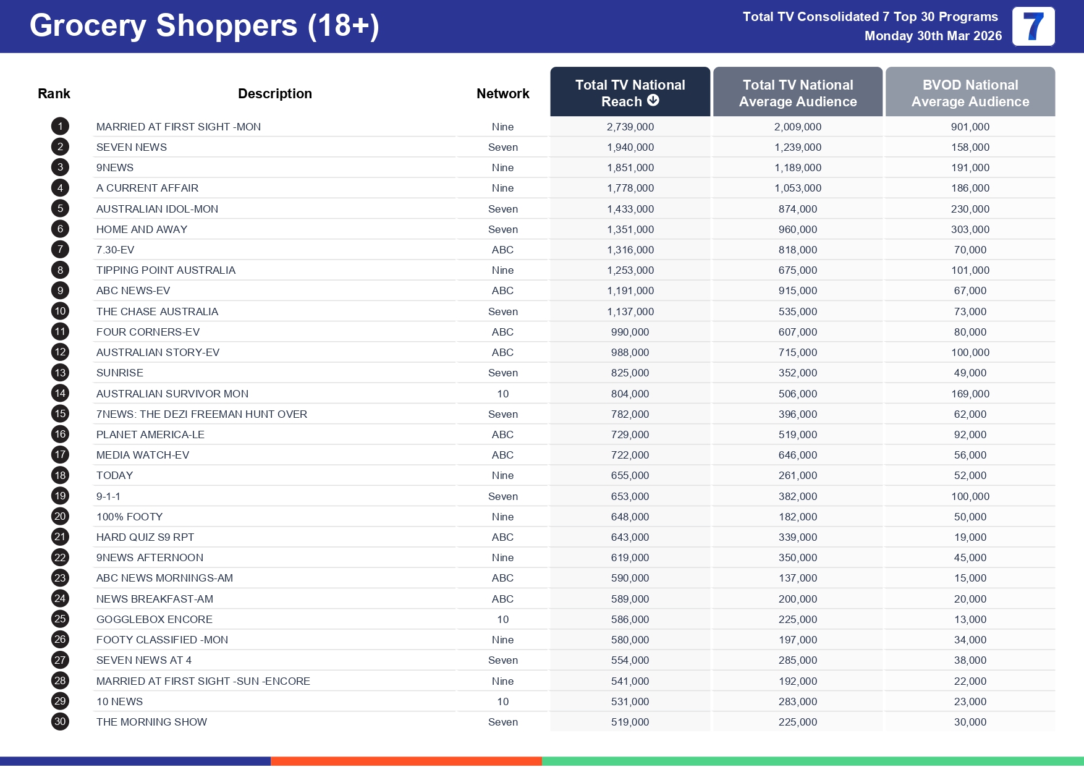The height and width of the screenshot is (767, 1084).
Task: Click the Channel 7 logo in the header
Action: (x=1033, y=27)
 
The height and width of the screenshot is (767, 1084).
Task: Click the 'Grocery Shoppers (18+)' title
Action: (x=204, y=26)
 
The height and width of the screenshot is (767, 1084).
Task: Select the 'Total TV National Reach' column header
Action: (x=630, y=92)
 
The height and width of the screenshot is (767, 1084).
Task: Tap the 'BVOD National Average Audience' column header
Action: (x=970, y=93)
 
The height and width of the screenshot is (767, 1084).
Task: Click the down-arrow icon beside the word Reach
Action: (x=653, y=100)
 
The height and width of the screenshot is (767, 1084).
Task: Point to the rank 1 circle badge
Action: (x=60, y=127)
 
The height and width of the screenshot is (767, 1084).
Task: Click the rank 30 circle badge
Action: (x=60, y=722)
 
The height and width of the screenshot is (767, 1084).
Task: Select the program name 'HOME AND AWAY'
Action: (x=142, y=229)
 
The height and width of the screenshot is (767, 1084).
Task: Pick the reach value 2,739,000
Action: (x=630, y=127)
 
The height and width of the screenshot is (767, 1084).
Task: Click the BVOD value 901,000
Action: (x=970, y=127)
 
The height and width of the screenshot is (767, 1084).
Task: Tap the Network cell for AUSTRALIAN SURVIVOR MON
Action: (x=502, y=394)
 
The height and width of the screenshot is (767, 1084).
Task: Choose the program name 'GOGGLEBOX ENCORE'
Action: (x=154, y=619)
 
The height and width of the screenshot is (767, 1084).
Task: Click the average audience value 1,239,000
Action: (x=797, y=147)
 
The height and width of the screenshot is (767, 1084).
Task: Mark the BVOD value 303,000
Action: (x=970, y=229)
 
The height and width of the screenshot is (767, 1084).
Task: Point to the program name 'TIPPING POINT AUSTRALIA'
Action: (x=166, y=270)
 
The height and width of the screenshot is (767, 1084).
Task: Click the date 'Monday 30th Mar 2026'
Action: (x=933, y=36)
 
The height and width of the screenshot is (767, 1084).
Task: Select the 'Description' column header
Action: (x=274, y=93)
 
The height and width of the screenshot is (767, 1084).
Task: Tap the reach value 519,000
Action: (x=630, y=722)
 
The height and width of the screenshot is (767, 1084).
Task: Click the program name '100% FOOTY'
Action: (x=129, y=517)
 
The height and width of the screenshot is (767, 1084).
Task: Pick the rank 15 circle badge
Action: (x=60, y=414)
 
